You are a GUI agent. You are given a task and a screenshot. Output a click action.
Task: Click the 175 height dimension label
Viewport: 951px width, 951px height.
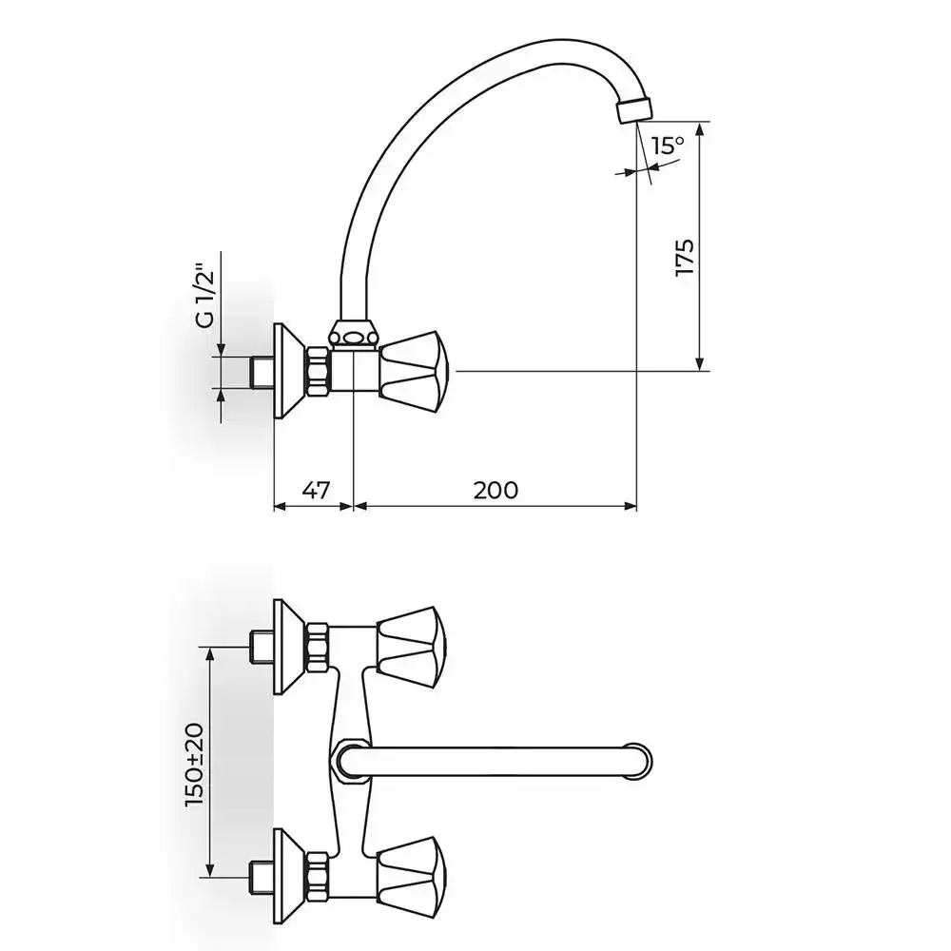pos(685,259)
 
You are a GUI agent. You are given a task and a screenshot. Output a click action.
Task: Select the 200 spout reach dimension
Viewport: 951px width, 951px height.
pos(495,490)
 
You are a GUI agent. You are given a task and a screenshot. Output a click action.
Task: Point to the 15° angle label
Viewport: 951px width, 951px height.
pos(667,146)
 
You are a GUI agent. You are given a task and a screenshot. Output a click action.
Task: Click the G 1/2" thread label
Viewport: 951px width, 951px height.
pos(206,295)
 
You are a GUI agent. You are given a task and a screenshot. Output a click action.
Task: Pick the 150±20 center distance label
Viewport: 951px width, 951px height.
pos(195,765)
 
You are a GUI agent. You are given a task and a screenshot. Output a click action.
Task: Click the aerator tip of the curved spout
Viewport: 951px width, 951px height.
pos(633,109)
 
